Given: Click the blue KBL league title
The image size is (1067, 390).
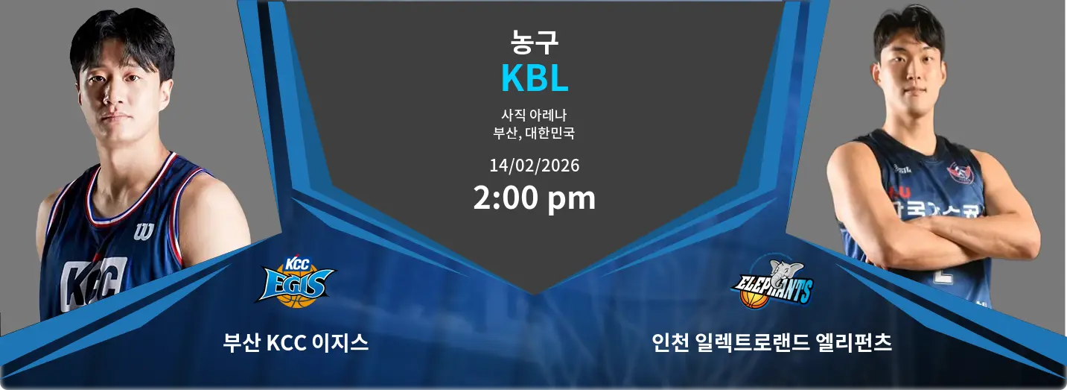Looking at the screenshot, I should point(534,78).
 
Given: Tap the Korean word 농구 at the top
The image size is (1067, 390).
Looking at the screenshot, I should point(534,42).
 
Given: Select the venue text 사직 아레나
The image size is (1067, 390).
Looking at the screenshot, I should point(534,116).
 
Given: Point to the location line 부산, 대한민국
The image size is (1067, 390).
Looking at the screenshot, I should point(534,134).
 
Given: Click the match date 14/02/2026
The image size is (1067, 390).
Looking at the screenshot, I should point(534,165).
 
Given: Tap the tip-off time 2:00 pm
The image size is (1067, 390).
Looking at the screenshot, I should point(534,198).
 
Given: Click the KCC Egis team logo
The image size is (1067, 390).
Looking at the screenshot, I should point(296,282).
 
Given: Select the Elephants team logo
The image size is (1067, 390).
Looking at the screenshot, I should point(772,283).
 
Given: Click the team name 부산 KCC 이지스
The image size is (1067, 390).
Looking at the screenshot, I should point(296,343).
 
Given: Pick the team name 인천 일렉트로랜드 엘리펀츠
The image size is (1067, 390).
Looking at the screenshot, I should point(771,343).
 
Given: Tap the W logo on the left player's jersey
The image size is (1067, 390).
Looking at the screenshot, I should point(144,231).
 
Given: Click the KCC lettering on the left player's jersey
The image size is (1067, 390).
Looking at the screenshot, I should point(93,283).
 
